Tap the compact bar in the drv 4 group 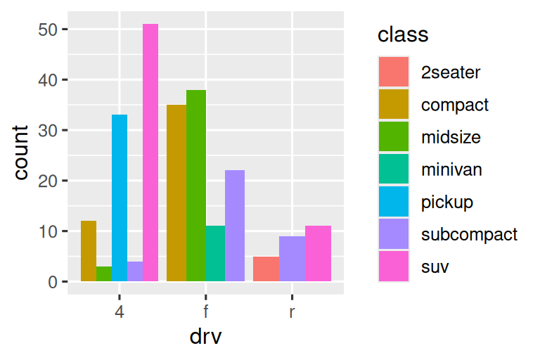click(89, 251)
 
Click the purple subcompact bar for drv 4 click(135, 271)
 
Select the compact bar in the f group click(176, 193)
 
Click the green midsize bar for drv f click(196, 186)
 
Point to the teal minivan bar click(215, 254)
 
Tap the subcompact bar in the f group click(235, 226)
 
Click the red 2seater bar click(266, 269)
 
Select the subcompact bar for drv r click(292, 259)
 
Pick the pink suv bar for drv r click(318, 254)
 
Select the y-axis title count click(21, 152)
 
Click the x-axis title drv click(205, 337)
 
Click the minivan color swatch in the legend click(394, 169)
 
